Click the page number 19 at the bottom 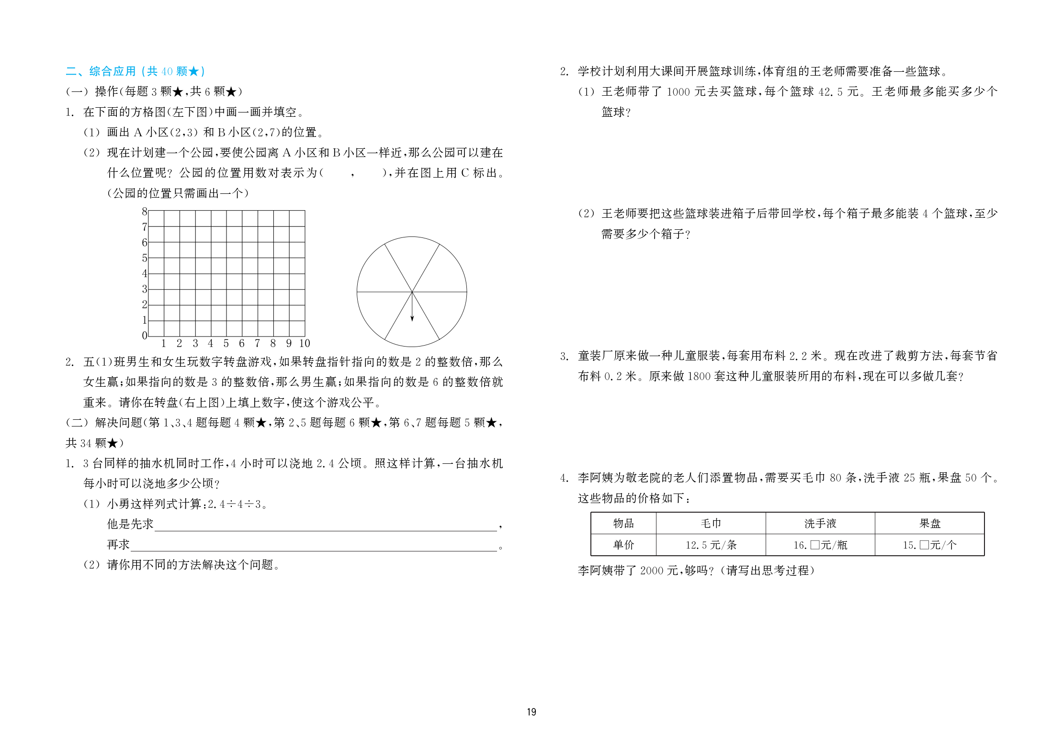point(531,712)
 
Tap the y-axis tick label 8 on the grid point(145,212)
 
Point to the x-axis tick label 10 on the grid point(305,343)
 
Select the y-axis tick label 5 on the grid point(145,258)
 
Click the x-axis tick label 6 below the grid point(242,343)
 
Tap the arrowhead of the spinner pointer point(412,318)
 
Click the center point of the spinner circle point(412,292)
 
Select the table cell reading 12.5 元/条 point(711,545)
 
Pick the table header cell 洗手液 point(820,523)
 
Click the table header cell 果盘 point(929,523)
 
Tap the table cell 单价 point(623,545)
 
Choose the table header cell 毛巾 point(711,523)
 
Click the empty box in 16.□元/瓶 point(814,545)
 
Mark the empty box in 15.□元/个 point(924,545)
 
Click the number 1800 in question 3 point(699,376)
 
